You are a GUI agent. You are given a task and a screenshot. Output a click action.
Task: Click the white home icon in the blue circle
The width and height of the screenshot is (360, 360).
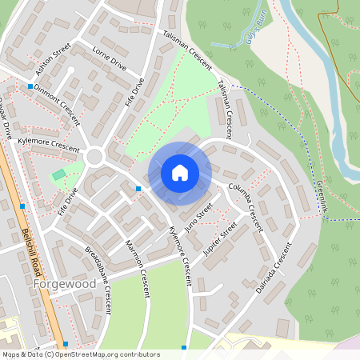pos(180,172)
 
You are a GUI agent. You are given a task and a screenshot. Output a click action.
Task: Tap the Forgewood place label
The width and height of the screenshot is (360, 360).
pos(65,283)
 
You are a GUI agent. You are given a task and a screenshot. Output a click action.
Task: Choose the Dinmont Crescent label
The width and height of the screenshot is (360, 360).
pos(57,103)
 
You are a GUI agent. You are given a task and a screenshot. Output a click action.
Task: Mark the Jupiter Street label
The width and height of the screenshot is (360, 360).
pos(220,238)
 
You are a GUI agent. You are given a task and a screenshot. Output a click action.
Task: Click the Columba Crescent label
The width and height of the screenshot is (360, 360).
pos(246,206)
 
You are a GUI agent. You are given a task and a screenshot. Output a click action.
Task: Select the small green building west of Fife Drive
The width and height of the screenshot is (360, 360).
pos(58,174)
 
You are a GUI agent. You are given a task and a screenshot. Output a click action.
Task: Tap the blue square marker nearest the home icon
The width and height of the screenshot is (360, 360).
pos(138,189)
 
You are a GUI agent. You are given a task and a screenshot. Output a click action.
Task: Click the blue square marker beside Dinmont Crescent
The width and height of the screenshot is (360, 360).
pos(30,86)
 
